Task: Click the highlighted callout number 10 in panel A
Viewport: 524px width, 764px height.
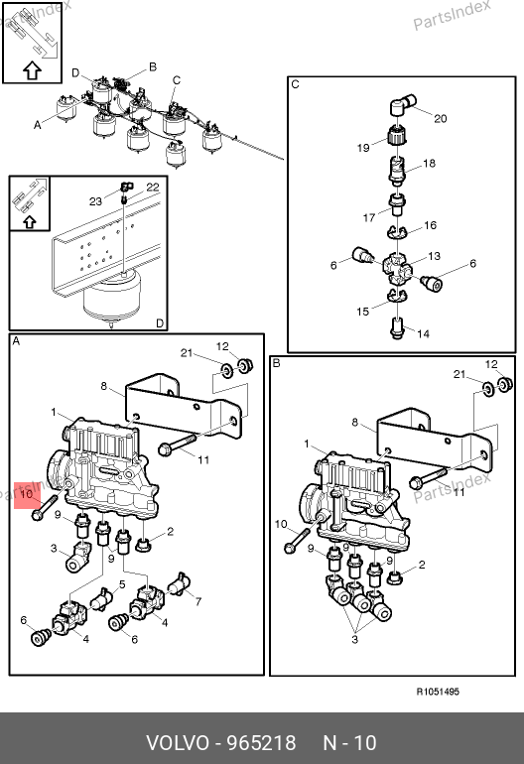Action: [27, 493]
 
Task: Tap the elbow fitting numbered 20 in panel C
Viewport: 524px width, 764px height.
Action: [403, 104]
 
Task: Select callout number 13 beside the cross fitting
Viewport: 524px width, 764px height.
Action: [434, 256]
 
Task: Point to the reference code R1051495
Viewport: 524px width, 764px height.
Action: [438, 692]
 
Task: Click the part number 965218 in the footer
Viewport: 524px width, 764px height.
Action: [262, 743]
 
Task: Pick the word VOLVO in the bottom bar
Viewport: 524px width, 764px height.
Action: [178, 743]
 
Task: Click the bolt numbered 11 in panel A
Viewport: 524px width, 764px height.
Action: [178, 445]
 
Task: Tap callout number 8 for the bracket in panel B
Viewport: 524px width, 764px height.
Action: [355, 422]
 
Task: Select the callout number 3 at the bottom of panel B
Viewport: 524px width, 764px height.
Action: [355, 639]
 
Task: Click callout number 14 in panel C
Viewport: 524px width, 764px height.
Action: [423, 333]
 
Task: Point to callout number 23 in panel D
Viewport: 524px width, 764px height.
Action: [95, 200]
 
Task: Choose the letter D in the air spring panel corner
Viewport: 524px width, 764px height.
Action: [160, 323]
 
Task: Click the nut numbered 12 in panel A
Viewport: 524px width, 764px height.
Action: [244, 365]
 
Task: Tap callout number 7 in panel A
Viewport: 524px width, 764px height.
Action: [198, 601]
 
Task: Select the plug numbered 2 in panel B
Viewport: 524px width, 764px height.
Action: [395, 578]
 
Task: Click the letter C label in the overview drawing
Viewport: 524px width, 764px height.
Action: [177, 80]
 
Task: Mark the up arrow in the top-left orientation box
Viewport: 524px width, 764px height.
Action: [32, 71]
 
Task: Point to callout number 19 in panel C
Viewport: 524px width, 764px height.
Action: [363, 148]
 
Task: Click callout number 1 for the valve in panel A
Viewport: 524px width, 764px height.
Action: [54, 412]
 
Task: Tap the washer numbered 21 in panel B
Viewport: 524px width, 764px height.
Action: [488, 388]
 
